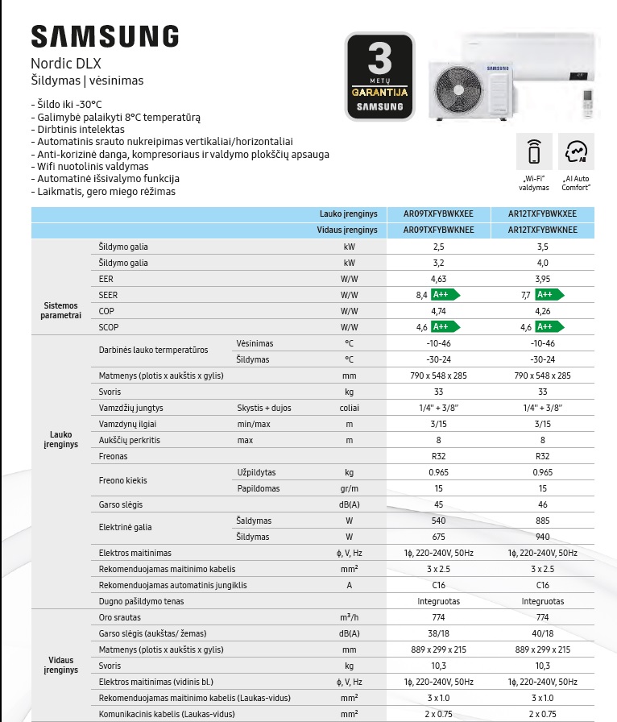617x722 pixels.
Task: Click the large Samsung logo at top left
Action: tap(105, 36)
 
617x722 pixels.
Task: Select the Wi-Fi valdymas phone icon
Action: tap(535, 152)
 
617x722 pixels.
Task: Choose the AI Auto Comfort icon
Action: tap(576, 152)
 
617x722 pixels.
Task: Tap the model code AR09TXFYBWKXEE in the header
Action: tap(438, 214)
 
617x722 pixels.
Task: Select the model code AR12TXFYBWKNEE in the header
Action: tap(542, 230)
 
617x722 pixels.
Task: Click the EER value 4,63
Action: tap(438, 279)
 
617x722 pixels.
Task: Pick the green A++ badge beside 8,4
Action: tap(445, 295)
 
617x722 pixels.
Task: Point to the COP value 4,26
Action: tap(542, 311)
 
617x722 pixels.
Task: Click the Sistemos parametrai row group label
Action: tap(60, 310)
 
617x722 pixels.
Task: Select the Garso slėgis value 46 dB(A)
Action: tap(542, 504)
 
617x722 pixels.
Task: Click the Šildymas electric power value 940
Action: tap(542, 537)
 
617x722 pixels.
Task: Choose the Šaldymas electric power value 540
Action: tap(438, 521)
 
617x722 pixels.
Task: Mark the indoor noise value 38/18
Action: tap(438, 633)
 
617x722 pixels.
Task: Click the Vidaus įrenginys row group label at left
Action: tap(60, 665)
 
